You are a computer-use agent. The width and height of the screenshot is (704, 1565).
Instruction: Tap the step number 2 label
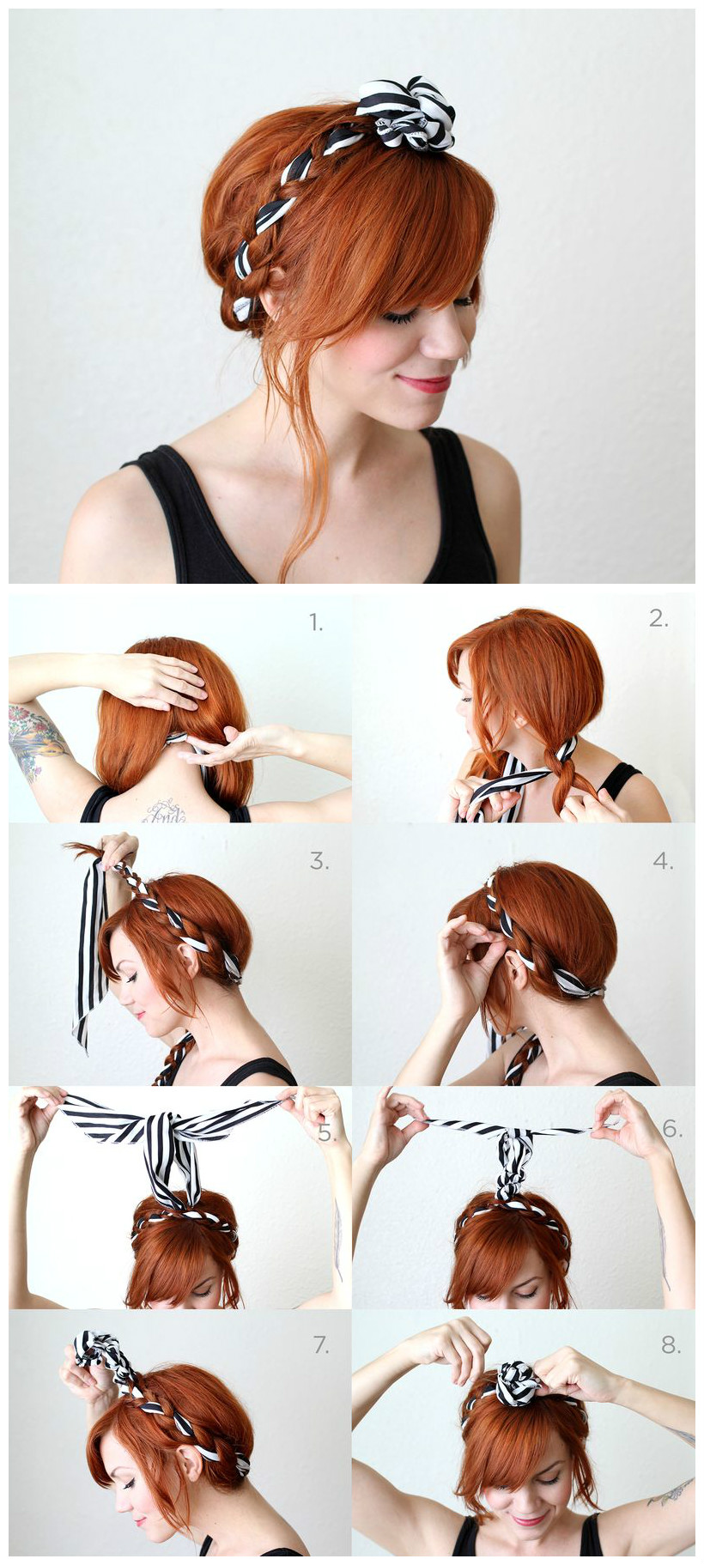pyautogui.click(x=658, y=618)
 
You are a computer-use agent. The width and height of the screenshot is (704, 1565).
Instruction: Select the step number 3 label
pyautogui.click(x=319, y=861)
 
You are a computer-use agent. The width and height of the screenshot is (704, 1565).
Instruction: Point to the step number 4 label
pyautogui.click(x=663, y=861)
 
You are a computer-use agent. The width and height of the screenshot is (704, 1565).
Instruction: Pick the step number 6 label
pyautogui.click(x=672, y=1129)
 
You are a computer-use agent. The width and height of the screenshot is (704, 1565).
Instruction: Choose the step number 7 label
pyautogui.click(x=320, y=1345)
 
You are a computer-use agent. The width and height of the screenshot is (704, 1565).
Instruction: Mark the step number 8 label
pyautogui.click(x=671, y=1344)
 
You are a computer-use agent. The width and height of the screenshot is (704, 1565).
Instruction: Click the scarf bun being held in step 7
pyautogui.click(x=99, y=1350)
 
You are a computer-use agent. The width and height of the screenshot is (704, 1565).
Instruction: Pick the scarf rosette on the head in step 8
pyautogui.click(x=518, y=1384)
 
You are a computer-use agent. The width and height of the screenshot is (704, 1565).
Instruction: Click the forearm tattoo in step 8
pyautogui.click(x=670, y=1494)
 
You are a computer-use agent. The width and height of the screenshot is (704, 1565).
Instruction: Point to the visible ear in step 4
pyautogui.click(x=517, y=972)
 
